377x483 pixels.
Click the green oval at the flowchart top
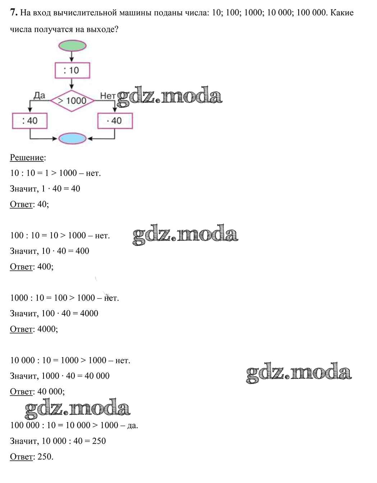[72, 46]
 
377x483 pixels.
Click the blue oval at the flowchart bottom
[72, 138]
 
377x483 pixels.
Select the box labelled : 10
[72, 70]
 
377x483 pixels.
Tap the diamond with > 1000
[72, 100]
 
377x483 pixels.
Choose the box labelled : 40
[29, 121]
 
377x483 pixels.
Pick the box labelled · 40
[115, 121]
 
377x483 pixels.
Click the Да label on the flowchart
[39, 96]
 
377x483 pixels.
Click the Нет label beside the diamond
[107, 96]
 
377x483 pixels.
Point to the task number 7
[14, 13]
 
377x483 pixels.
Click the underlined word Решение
[27, 158]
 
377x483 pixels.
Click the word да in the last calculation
[133, 425]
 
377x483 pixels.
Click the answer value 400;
[45, 267]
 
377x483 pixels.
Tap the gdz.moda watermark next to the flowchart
[170, 96]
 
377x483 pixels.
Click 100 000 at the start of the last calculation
[25, 425]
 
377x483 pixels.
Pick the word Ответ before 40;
[22, 204]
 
